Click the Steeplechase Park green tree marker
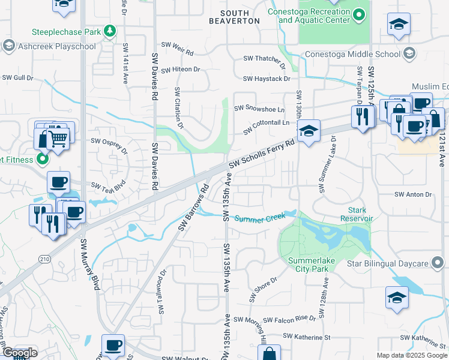109,30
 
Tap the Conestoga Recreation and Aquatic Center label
314,15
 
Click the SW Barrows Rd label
193,207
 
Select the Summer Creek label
259,217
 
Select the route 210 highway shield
45,259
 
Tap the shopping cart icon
58,139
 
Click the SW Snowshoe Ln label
259,109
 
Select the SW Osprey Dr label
109,144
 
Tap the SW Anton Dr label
413,194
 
